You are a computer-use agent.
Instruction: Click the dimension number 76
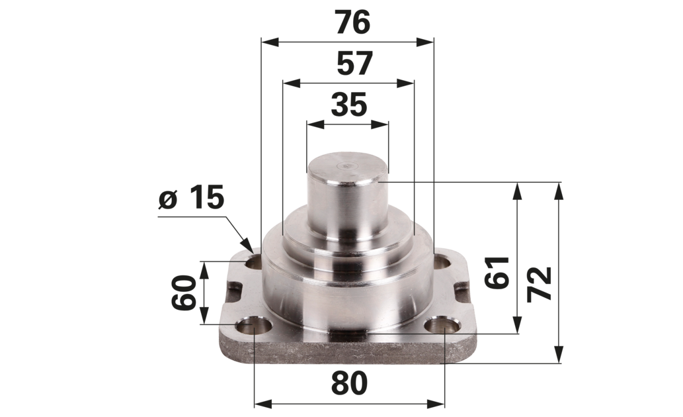[353, 23]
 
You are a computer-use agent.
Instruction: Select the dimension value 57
[354, 64]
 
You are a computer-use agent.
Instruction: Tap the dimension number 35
[349, 105]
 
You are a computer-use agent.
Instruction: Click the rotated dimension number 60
[183, 293]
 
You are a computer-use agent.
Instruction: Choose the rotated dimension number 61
[497, 273]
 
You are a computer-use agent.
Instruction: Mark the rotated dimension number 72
[540, 284]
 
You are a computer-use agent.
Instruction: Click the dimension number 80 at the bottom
[349, 384]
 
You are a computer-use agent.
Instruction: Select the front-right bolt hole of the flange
[442, 326]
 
